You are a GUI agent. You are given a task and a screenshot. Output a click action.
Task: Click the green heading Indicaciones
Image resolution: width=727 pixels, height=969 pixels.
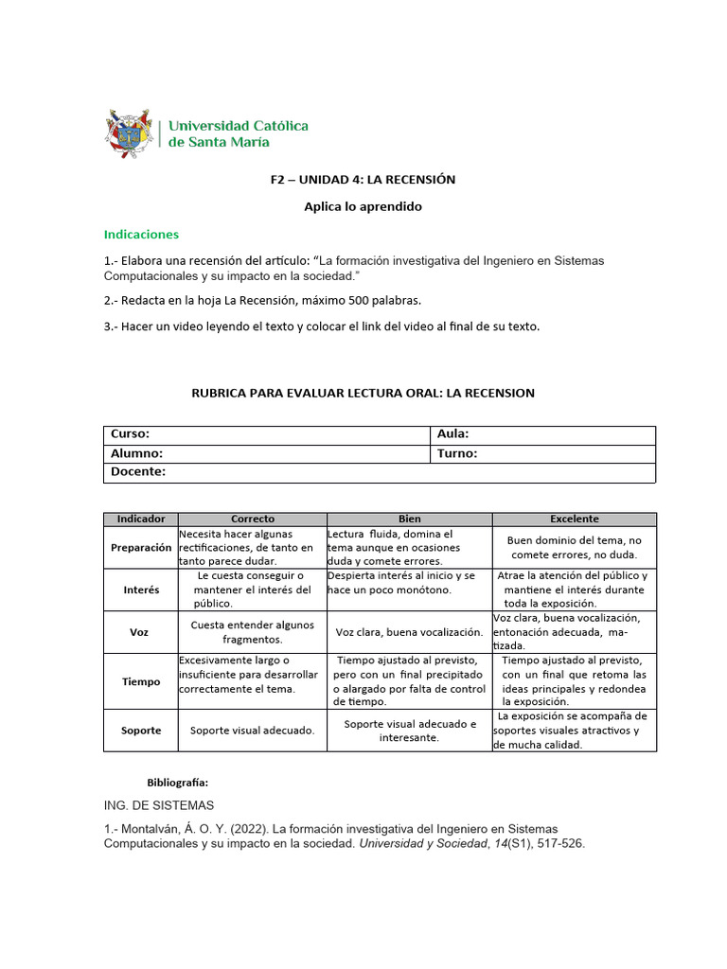[140, 234]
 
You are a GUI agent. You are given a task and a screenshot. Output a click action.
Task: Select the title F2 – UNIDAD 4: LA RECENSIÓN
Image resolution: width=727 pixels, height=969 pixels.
[363, 179]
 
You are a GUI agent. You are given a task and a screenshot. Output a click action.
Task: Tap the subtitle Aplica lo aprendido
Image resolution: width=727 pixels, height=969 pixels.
[363, 206]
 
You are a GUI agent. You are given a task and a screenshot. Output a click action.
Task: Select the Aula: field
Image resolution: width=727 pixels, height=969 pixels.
[541, 434]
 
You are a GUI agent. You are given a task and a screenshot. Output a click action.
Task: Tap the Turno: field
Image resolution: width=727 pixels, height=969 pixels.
[541, 453]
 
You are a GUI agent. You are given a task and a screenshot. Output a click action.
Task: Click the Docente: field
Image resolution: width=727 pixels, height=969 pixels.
[379, 472]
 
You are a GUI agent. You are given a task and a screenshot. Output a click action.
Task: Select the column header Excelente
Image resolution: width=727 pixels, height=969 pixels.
[574, 519]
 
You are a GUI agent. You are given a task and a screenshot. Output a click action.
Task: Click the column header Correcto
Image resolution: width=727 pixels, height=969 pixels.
[253, 519]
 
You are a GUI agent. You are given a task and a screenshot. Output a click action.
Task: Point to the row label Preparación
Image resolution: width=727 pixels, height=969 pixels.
[141, 547]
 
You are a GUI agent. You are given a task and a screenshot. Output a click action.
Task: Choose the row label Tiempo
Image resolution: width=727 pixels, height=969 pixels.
[141, 681]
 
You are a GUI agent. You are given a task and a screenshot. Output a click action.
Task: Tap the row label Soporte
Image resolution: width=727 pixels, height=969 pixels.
[141, 731]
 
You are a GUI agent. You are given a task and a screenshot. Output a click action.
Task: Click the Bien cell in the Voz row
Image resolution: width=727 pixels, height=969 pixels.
[409, 632]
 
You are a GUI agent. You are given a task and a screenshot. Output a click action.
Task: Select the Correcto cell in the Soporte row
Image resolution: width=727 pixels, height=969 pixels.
[253, 731]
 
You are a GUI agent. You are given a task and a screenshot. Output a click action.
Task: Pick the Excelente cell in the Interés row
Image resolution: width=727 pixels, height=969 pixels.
[574, 590]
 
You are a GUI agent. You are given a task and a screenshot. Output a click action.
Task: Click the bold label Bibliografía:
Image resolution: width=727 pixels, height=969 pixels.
[177, 783]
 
